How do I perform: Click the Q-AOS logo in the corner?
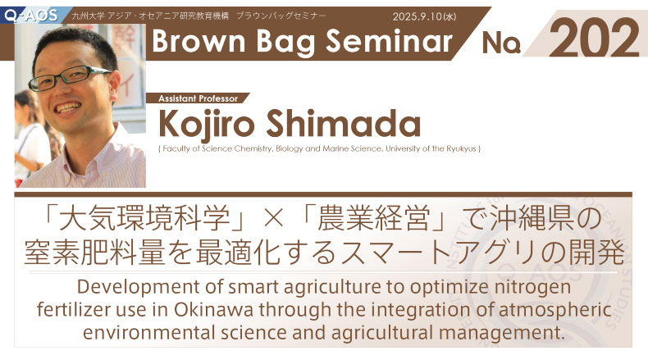pos(30,16)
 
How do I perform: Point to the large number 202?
pos(594,38)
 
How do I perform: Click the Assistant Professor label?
pos(198,98)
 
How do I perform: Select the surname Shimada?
pos(344,123)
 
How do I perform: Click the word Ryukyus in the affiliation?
pos(461,148)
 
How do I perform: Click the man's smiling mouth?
pos(69,108)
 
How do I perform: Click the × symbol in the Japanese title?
pos(273,219)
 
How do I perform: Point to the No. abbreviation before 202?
pos(501,43)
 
